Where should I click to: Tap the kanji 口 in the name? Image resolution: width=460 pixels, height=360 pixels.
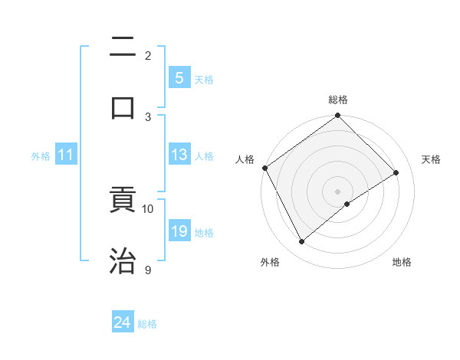pyautogui.click(x=123, y=107)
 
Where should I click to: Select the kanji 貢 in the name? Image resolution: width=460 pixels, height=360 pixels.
pyautogui.click(x=123, y=201)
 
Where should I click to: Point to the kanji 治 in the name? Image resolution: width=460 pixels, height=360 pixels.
pyautogui.click(x=123, y=260)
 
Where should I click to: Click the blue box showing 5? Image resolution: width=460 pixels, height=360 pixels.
pyautogui.click(x=179, y=78)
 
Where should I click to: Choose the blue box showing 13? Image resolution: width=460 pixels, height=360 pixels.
pyautogui.click(x=179, y=155)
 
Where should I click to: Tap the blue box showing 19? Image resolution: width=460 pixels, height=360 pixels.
pyautogui.click(x=179, y=232)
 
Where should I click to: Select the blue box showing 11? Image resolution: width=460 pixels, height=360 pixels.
pyautogui.click(x=65, y=155)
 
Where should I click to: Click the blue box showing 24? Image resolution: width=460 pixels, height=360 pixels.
pyautogui.click(x=122, y=323)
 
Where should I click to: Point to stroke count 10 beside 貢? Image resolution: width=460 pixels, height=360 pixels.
pyautogui.click(x=148, y=208)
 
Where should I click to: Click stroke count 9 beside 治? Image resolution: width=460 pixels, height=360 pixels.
pyautogui.click(x=148, y=270)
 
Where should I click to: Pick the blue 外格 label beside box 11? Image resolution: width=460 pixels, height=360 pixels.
pyautogui.click(x=41, y=156)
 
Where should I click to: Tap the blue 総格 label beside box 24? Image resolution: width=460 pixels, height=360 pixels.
pyautogui.click(x=147, y=324)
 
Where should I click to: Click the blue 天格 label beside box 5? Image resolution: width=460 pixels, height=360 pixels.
pyautogui.click(x=204, y=79)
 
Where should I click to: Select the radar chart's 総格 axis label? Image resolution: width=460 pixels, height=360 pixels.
pyautogui.click(x=338, y=100)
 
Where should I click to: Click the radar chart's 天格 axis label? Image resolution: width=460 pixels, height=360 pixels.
pyautogui.click(x=431, y=159)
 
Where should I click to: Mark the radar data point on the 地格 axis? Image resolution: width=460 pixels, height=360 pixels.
pyautogui.click(x=347, y=204)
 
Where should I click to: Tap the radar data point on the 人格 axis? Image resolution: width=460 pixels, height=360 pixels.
pyautogui.click(x=264, y=168)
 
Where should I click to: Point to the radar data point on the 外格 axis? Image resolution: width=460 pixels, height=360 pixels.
pyautogui.click(x=302, y=242)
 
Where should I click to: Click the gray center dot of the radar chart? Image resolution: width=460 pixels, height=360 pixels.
pyautogui.click(x=338, y=191)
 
